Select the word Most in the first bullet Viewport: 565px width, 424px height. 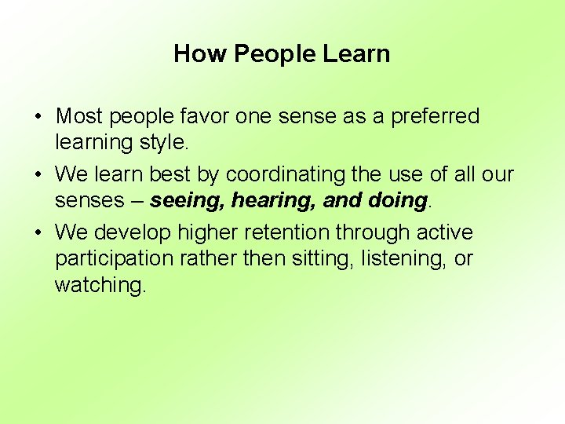click(79, 117)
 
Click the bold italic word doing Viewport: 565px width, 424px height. click(396, 201)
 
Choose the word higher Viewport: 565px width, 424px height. click(208, 233)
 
